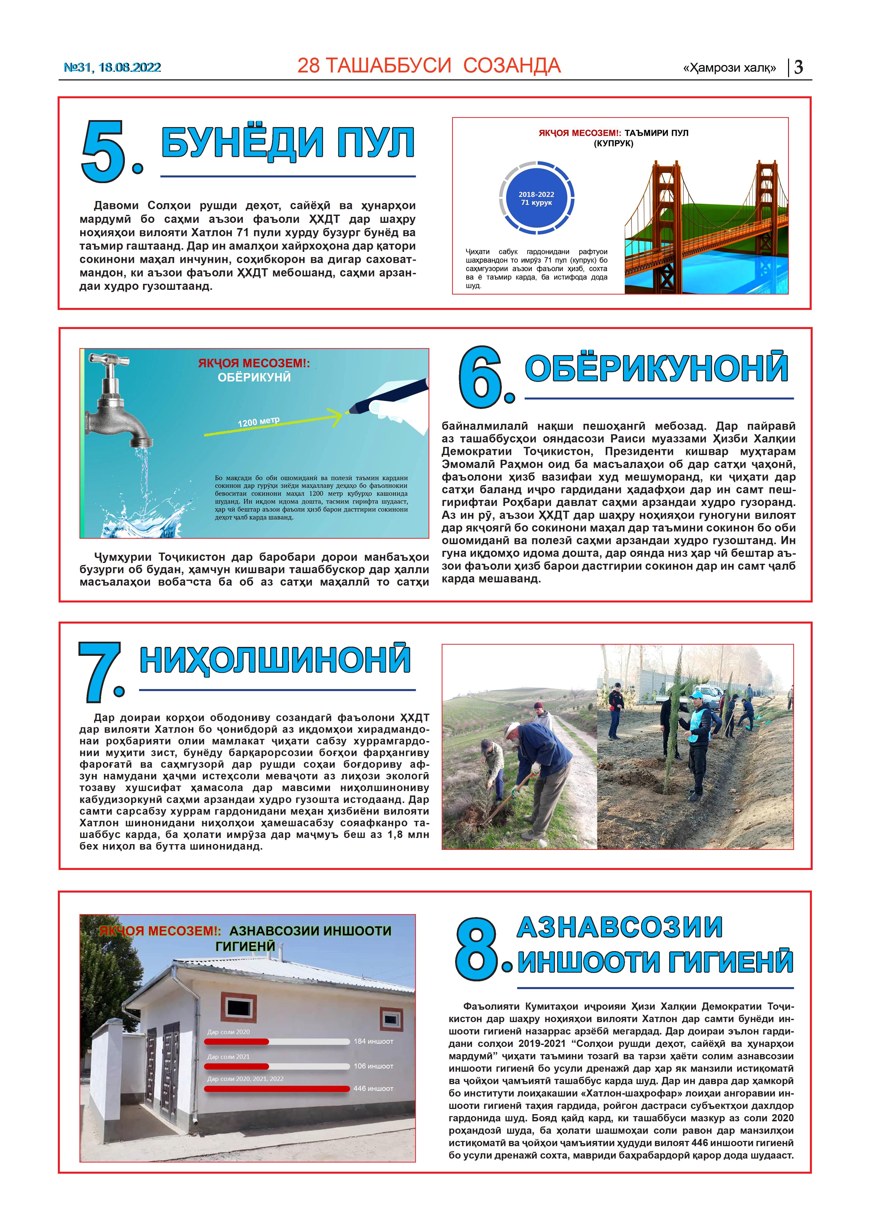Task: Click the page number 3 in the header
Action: click(x=798, y=67)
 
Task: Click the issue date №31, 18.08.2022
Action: click(x=112, y=67)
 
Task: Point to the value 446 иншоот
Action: click(x=373, y=1088)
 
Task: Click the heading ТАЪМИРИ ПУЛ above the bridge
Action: click(x=656, y=133)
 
